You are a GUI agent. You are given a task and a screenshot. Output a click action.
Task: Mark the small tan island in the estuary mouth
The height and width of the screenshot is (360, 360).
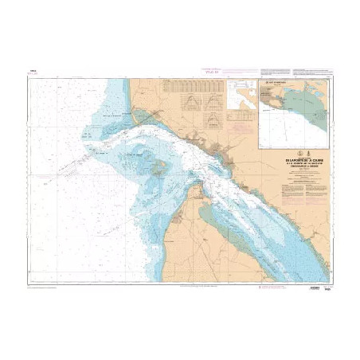click(x=160, y=167)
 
